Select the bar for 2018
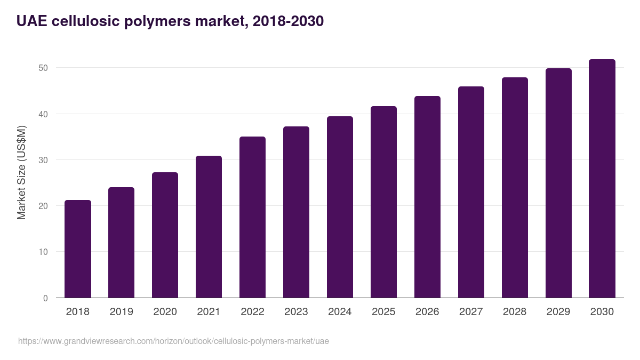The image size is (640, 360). point(78,249)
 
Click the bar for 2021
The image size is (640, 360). point(209,227)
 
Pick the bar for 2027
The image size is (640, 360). point(471,192)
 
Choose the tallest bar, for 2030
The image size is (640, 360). point(602,179)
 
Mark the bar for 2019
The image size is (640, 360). point(121,243)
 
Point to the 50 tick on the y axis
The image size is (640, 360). point(43,68)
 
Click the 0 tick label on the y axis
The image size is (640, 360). point(45,298)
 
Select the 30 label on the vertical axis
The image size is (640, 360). point(43,160)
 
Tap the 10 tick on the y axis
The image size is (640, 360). point(43,252)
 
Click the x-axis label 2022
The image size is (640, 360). point(252,312)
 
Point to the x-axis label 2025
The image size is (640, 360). point(383,312)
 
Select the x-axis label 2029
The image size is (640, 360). point(558,312)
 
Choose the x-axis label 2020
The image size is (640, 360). point(165,312)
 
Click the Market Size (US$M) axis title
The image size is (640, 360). point(22,172)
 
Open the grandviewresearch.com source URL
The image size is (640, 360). point(173,341)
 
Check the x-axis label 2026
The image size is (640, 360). point(427,312)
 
